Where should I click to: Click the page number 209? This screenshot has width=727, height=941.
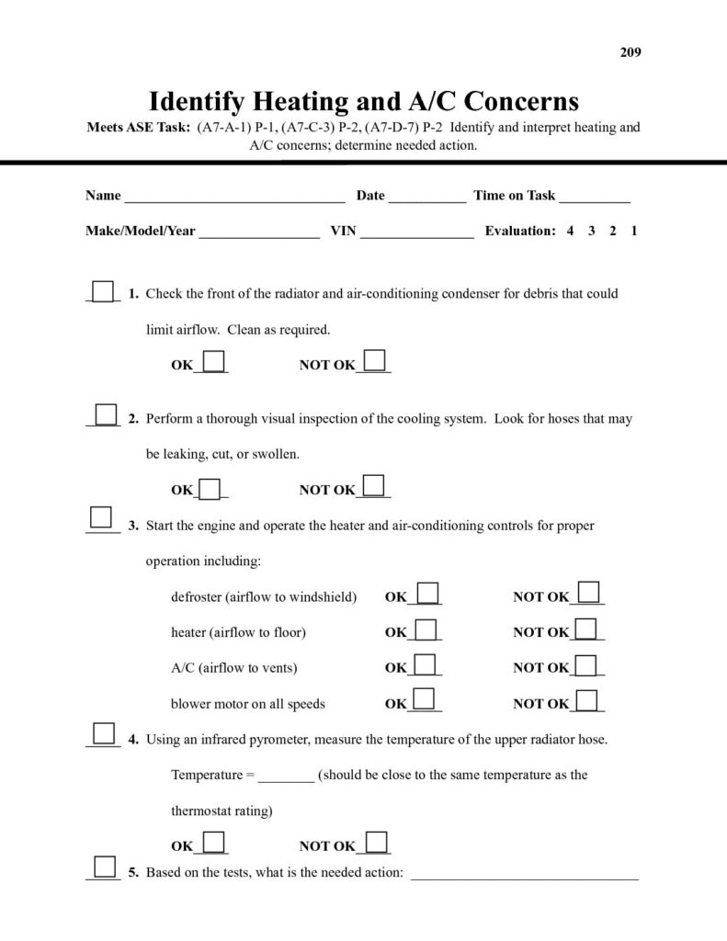point(630,52)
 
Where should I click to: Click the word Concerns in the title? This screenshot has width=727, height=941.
point(502,99)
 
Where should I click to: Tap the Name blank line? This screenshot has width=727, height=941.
point(234,196)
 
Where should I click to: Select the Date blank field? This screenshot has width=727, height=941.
point(426,196)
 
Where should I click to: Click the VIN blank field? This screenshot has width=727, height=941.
point(416,232)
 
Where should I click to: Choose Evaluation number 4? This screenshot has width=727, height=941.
point(571,232)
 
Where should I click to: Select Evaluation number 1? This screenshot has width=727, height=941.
point(634,232)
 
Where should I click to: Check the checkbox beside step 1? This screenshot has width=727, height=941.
point(104,290)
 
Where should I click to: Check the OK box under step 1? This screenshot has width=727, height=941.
point(214,361)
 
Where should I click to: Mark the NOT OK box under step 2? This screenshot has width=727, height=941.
point(375,486)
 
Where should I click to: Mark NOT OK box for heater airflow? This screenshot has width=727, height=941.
point(585,629)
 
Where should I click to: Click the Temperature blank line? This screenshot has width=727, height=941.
point(286,776)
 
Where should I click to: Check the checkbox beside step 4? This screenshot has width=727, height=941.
point(104,733)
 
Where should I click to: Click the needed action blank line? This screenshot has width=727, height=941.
point(524,873)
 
